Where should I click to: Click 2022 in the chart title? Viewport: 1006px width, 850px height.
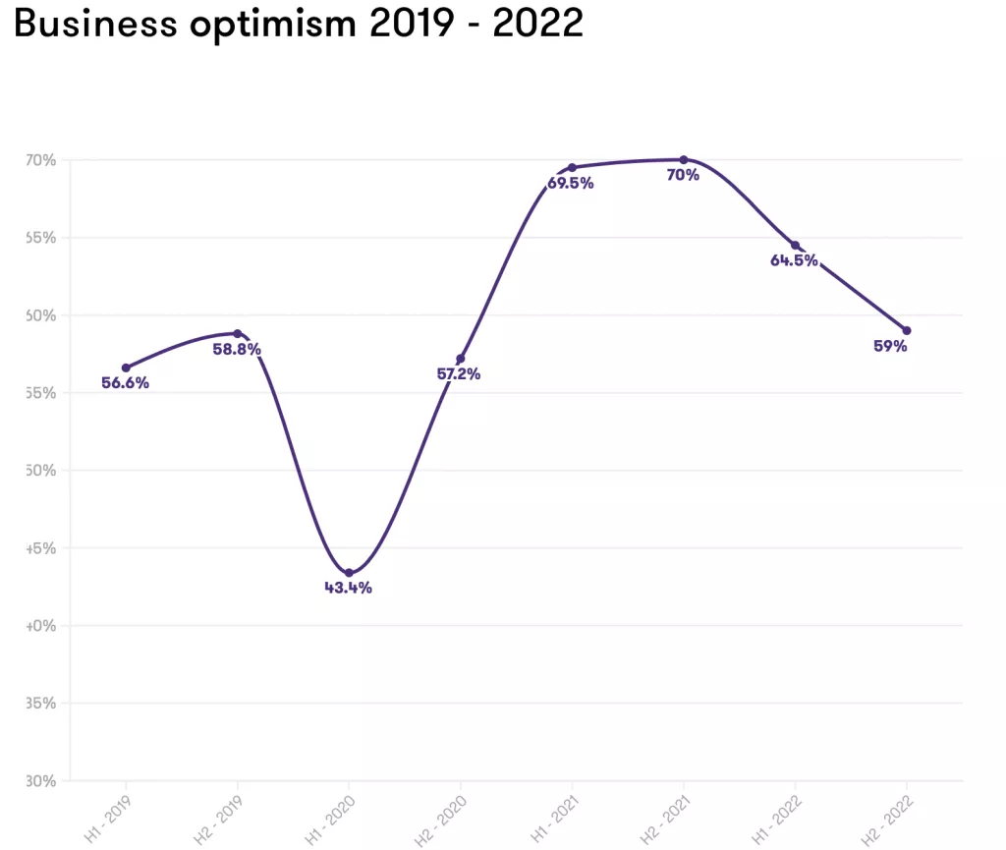point(537,24)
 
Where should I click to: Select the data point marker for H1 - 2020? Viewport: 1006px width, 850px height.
point(349,573)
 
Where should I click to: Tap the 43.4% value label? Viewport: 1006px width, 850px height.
point(349,589)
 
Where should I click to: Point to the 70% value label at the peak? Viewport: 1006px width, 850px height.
point(683,176)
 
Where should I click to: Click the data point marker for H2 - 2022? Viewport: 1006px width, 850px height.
point(906,330)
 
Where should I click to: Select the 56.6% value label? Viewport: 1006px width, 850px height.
point(126,383)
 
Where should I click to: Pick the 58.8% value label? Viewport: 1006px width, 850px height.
point(237,350)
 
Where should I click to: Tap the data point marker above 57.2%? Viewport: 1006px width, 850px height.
point(460,359)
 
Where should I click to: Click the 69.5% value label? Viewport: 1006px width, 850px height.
point(571,183)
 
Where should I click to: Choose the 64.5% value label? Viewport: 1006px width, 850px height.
point(794,261)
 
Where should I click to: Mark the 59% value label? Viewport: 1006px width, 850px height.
point(890,346)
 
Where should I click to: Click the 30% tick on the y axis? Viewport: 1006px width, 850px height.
point(42,781)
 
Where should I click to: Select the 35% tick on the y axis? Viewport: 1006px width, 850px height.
point(42,704)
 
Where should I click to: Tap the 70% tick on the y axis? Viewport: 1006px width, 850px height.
point(42,160)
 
